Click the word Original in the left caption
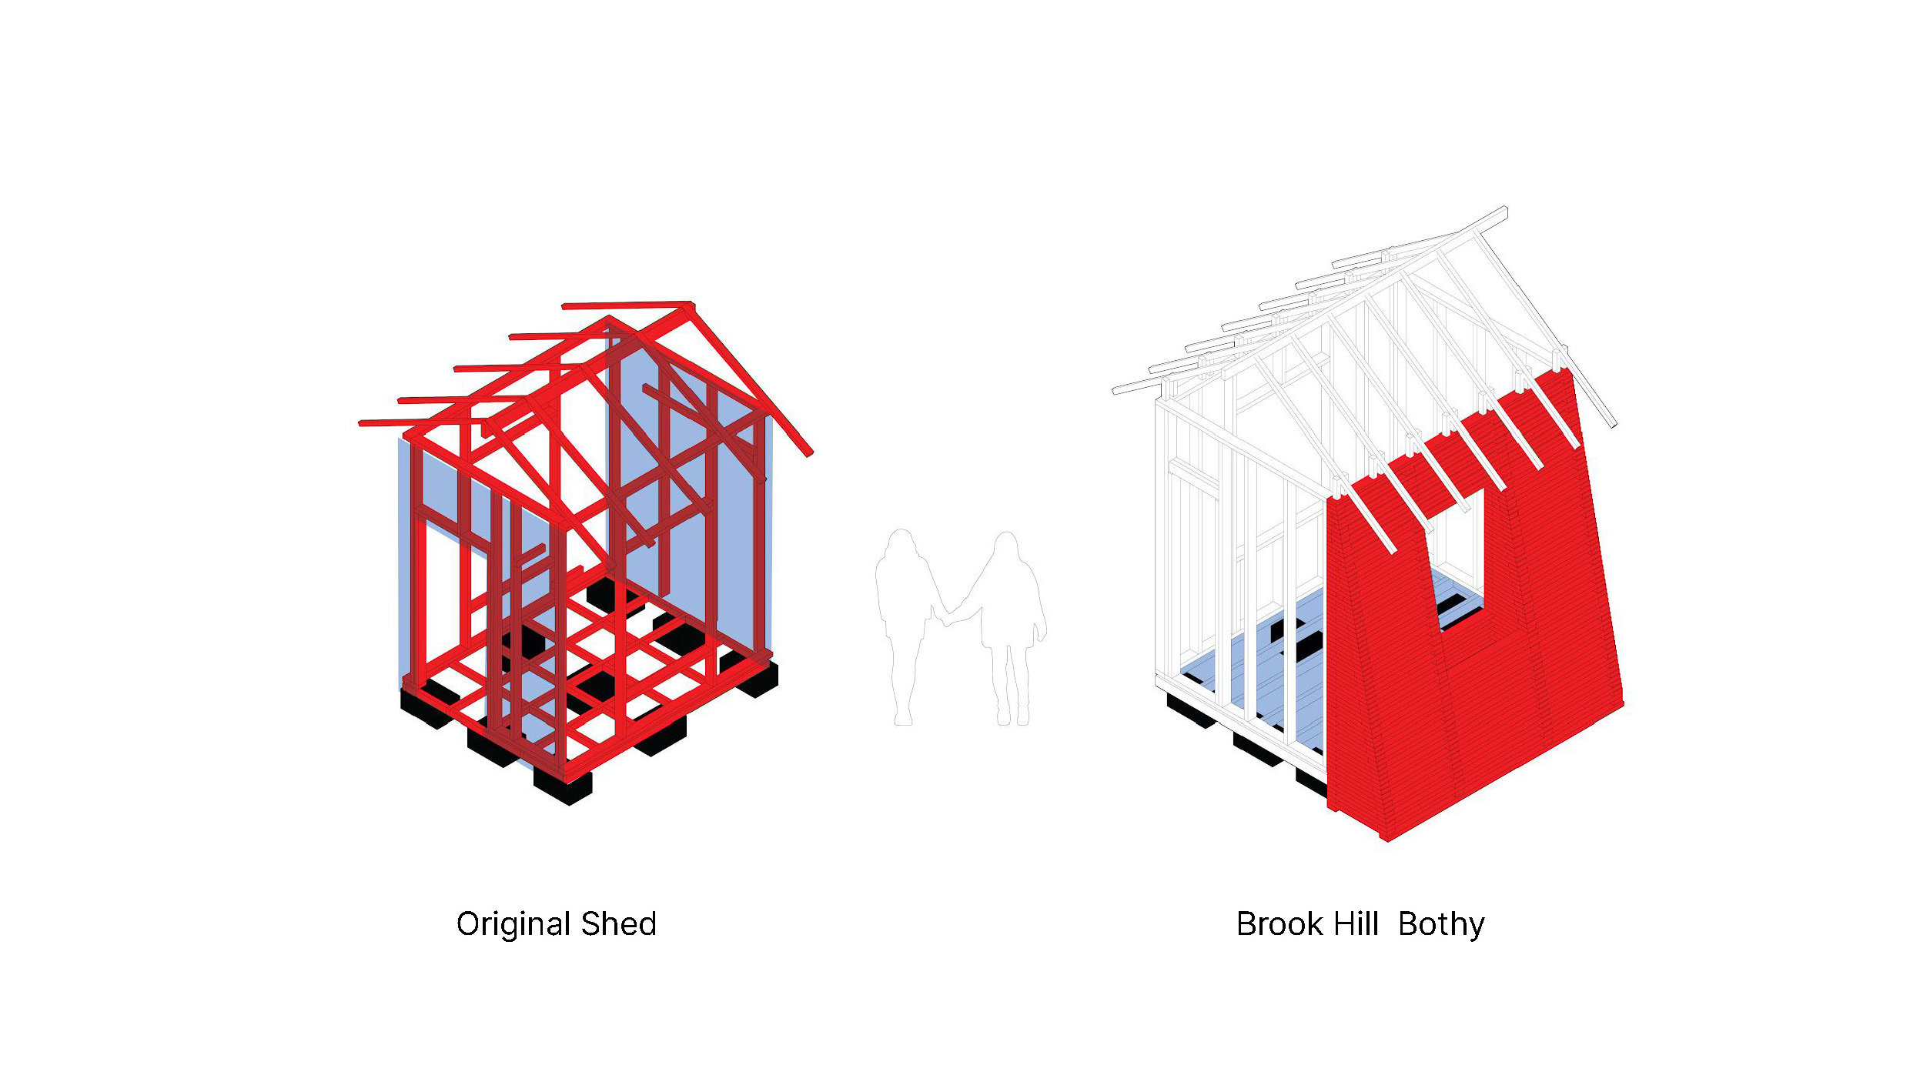513,924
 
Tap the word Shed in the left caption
618,924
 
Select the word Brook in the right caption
1279,924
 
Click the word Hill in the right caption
1359,924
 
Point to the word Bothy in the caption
1441,924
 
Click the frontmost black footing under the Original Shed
563,788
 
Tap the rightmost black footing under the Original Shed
757,681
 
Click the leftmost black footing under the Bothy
1190,712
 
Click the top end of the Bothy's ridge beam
1504,210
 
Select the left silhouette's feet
903,719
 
